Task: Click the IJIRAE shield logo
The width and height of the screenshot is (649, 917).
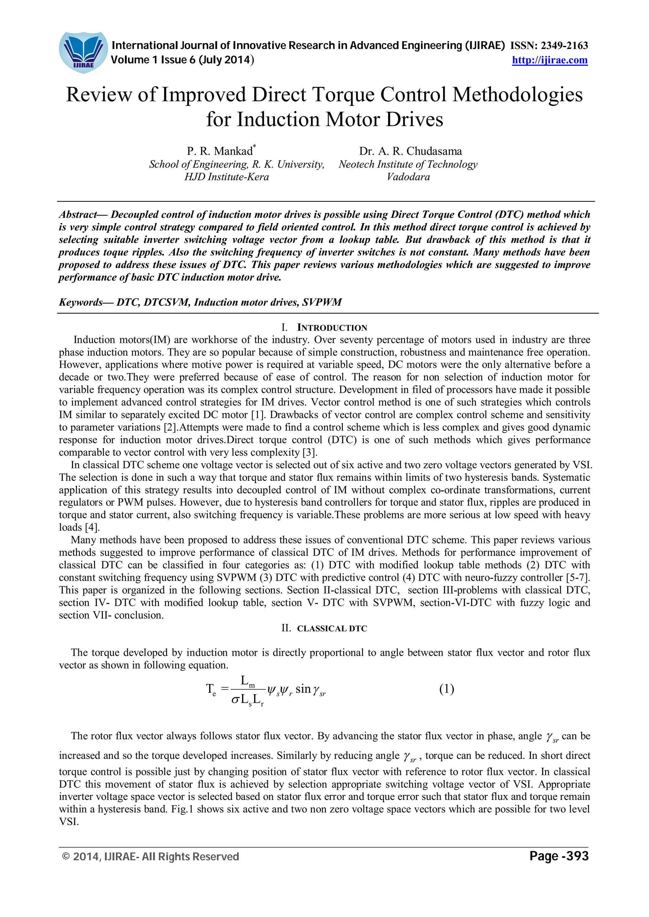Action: point(83,52)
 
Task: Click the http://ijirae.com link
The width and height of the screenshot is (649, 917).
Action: point(549,60)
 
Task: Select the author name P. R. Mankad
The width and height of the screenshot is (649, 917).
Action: point(220,151)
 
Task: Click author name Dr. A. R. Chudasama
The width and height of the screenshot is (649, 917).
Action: point(410,151)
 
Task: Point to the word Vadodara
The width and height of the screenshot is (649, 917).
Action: point(408,177)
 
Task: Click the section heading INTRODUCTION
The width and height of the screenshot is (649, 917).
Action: point(332,328)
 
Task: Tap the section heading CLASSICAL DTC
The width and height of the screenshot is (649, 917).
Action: point(332,628)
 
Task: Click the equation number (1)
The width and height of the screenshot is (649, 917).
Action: point(447,689)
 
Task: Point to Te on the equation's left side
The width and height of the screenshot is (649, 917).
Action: point(211,690)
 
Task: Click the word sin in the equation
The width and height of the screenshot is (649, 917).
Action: point(303,689)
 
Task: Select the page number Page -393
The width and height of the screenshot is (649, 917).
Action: point(559,856)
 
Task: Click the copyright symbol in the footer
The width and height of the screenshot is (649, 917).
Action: point(66,857)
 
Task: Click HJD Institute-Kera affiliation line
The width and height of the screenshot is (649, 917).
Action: point(226,177)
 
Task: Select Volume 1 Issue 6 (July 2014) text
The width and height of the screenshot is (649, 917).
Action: point(182,60)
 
